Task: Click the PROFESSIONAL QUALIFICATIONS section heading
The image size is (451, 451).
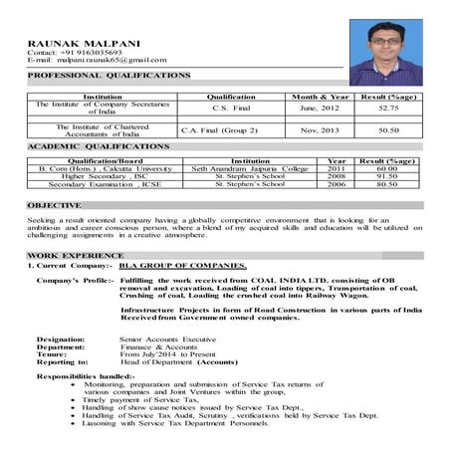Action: click(109, 76)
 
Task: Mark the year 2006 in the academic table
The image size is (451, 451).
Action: click(337, 184)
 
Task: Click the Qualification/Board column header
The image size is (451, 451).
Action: click(105, 160)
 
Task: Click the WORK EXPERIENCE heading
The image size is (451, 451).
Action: click(67, 256)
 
